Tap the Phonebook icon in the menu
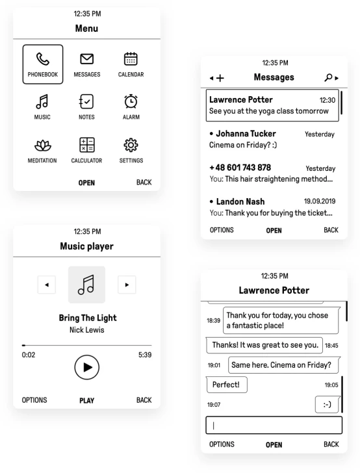tap(42, 59)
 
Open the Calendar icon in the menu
tap(131, 58)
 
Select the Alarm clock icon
tap(131, 101)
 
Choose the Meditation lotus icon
tap(42, 146)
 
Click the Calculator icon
tap(87, 145)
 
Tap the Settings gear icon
tap(131, 145)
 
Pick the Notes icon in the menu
tap(86, 101)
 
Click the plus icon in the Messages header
tap(220, 78)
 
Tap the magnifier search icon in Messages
tap(328, 77)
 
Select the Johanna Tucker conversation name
tap(246, 133)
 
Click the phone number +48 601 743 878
tap(240, 168)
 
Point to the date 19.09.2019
tap(320, 201)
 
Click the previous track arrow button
tap(47, 285)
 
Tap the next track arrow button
tap(127, 285)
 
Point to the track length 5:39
tap(145, 355)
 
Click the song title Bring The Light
tap(88, 318)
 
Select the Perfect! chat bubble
tap(227, 385)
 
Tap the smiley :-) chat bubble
tap(328, 404)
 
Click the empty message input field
tap(274, 426)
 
